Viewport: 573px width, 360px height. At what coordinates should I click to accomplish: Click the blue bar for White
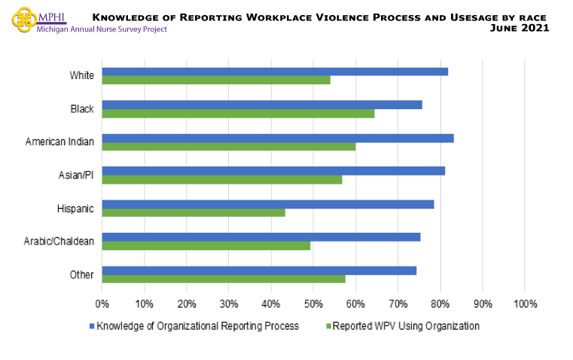pos(275,72)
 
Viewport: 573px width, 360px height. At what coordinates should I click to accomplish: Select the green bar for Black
pos(238,114)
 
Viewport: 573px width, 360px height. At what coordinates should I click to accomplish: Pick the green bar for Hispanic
pos(194,212)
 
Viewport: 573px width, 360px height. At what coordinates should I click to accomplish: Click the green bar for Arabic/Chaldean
pos(206,246)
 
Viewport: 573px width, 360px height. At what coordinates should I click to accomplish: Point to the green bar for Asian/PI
pos(222,179)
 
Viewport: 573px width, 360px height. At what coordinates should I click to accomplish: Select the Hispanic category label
pos(75,209)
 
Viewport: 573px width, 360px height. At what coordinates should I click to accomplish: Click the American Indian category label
pos(59,142)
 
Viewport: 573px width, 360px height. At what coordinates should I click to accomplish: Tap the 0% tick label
pos(102,304)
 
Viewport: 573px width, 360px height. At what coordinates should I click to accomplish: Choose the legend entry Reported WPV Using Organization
pos(405,326)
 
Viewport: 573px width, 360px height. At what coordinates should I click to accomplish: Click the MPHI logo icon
pos(24,20)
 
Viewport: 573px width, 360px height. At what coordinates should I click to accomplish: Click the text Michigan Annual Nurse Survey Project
pos(102,29)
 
